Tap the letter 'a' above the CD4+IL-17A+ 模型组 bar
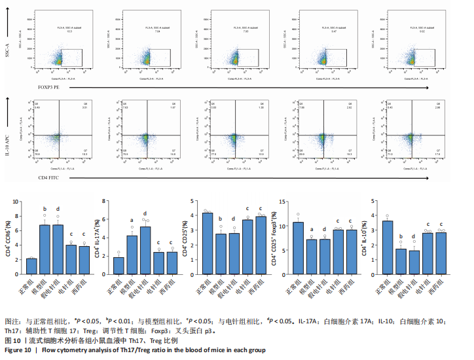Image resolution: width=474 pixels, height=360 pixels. [x=132, y=220]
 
